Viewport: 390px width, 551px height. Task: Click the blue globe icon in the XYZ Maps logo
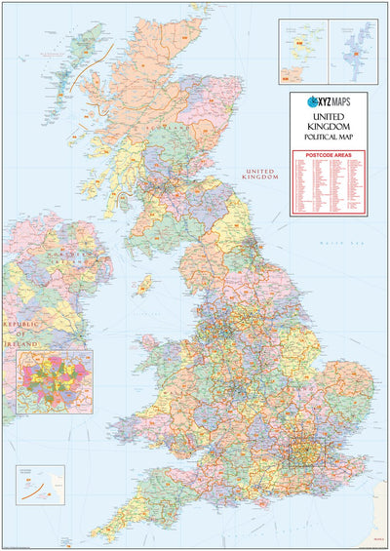[x=313, y=100]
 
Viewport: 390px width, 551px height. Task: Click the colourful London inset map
[x=55, y=381]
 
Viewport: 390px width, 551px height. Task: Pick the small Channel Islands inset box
[x=40, y=484]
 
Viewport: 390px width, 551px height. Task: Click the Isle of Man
[x=145, y=286]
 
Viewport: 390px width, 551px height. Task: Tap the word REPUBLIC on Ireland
[x=19, y=322]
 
